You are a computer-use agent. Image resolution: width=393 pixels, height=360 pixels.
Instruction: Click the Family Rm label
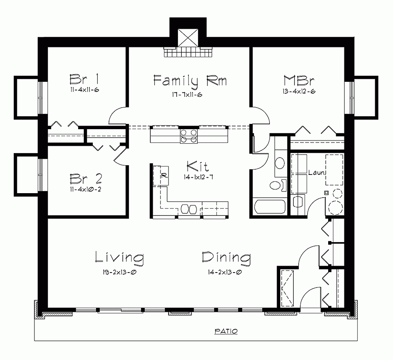190,80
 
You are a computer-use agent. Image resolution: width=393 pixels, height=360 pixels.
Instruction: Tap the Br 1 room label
84,78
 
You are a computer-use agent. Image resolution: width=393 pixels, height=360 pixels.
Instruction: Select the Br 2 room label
85,179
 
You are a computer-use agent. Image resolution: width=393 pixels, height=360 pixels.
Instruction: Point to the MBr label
299,80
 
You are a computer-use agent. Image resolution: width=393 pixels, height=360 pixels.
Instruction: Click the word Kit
197,166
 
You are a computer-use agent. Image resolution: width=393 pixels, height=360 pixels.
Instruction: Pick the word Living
120,257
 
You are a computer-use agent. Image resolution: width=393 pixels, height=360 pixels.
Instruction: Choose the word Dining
226,257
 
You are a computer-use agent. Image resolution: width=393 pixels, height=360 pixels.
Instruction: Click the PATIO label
226,331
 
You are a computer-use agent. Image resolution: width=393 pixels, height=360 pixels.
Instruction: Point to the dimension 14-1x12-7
197,177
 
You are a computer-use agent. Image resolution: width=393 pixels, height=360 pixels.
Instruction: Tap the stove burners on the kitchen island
189,136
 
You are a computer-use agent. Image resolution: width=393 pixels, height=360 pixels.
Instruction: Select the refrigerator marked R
164,176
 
